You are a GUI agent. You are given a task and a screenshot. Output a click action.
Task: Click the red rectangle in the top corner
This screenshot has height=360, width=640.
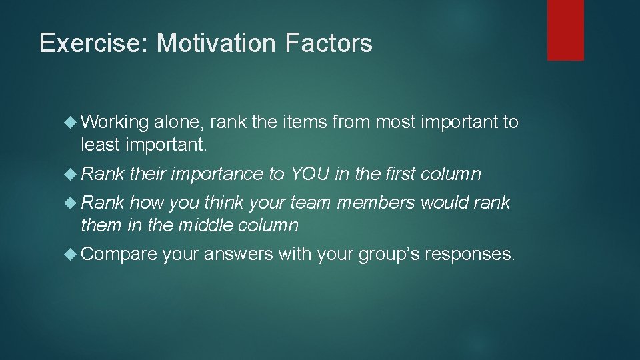tap(565, 30)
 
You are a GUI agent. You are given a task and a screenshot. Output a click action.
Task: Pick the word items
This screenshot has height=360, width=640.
tap(303, 122)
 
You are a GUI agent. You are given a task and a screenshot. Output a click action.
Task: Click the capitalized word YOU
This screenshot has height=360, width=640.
tap(309, 174)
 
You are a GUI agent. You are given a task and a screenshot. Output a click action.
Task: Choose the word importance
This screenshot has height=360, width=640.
tap(217, 175)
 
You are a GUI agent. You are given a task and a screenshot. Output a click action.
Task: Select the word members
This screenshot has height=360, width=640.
tap(375, 202)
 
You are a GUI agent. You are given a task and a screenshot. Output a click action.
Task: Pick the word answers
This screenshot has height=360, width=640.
tap(238, 255)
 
